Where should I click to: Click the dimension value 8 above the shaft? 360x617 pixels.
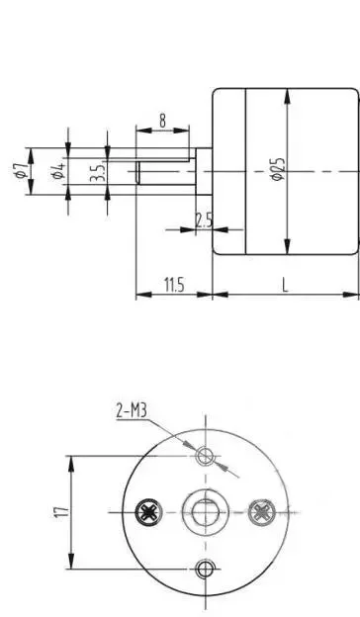point(162,121)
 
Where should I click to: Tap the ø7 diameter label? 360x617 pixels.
point(21,170)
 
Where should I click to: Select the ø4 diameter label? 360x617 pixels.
point(58,171)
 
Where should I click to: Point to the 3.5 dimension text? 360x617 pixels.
point(98,172)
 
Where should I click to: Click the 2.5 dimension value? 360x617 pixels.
point(204,220)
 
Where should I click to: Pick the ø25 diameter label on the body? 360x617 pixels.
point(277,169)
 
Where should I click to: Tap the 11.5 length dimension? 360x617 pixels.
point(173,285)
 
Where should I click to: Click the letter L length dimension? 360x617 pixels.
point(285,285)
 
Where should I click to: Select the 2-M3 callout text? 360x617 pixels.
point(132,410)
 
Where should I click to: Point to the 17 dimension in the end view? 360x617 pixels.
point(62,512)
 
